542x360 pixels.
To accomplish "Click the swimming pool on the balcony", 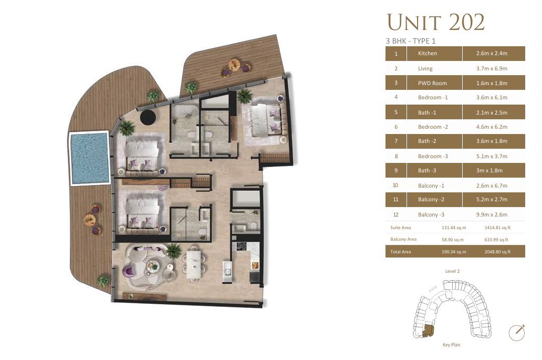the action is [x=89, y=158].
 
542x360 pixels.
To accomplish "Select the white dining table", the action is [x=194, y=264].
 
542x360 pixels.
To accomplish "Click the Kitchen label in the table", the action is [x=427, y=53].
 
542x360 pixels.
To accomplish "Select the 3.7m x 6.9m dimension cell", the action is [x=492, y=68].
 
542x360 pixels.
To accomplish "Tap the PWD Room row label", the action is [x=432, y=83].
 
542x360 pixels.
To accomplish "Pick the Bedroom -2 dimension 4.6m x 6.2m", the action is [x=492, y=127].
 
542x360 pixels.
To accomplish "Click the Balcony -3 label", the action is [x=431, y=214].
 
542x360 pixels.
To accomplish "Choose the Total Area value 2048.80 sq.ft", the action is [x=497, y=252].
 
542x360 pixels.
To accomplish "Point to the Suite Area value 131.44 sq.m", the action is [x=454, y=228].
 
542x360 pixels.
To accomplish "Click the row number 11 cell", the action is [x=396, y=200].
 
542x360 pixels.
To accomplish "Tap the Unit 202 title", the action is [x=435, y=22].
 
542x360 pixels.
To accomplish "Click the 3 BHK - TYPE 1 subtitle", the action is [x=411, y=41].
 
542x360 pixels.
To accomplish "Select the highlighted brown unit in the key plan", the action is [x=428, y=331].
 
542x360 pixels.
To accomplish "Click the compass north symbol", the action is [x=517, y=333].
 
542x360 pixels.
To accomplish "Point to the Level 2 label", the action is [x=453, y=271].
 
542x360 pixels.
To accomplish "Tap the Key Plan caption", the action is [x=452, y=344].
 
